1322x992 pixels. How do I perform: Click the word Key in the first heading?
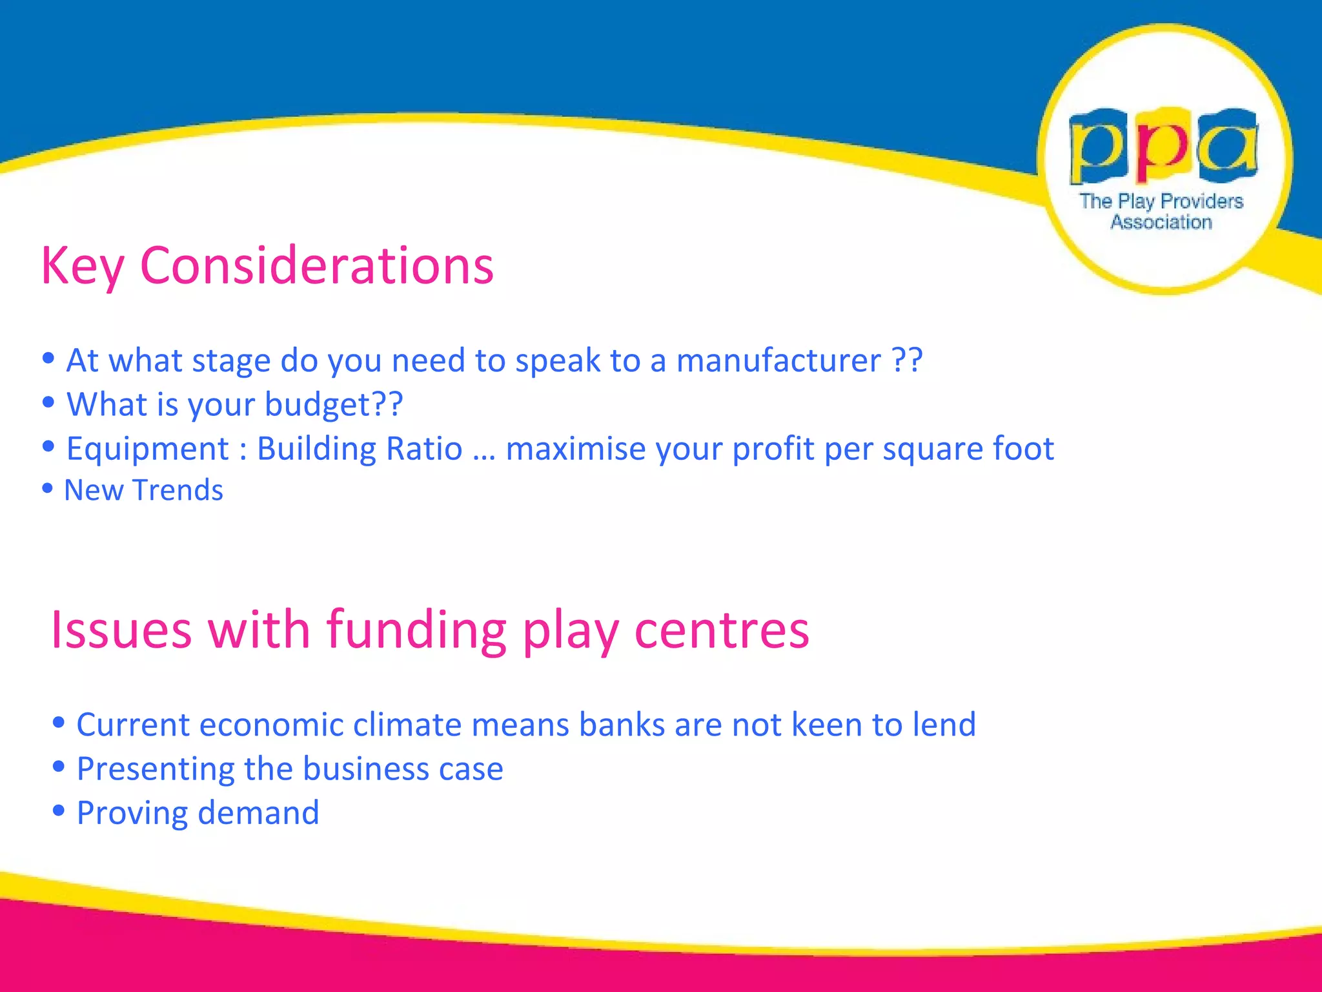click(82, 266)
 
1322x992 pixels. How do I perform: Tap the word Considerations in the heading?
click(316, 266)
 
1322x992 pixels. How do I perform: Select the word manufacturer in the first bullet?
click(778, 360)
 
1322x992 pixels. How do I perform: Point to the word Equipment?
click(148, 449)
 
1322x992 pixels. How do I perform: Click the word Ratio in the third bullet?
click(424, 449)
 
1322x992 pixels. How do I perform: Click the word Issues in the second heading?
click(121, 630)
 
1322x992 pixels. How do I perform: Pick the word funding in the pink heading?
click(416, 630)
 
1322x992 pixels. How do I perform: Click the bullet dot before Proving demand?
click(59, 811)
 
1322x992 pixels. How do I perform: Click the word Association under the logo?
click(1161, 222)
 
